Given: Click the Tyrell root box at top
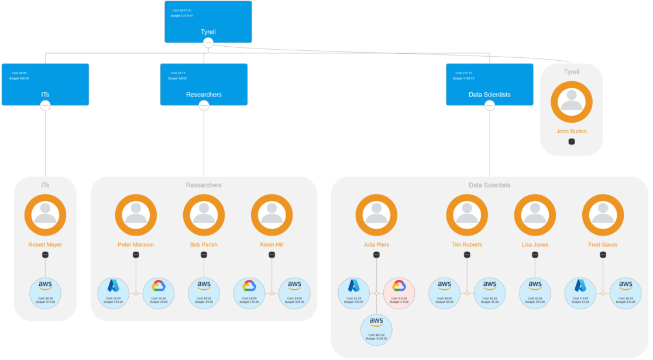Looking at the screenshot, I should [x=208, y=22].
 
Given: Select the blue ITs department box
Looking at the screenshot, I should [x=45, y=84].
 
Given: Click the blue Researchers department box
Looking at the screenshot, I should [x=204, y=84].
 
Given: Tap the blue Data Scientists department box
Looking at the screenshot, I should [x=489, y=84].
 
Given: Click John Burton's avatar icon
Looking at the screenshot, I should [x=571, y=102].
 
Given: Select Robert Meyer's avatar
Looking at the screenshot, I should [x=45, y=215].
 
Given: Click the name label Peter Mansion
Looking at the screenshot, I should [x=136, y=244].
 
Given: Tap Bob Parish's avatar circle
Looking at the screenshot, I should [x=204, y=215].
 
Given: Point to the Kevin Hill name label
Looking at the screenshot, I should [x=271, y=244].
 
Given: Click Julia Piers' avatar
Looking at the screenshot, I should [x=376, y=215].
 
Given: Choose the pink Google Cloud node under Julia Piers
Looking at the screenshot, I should [x=399, y=293].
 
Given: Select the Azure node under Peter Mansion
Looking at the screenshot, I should [x=113, y=293].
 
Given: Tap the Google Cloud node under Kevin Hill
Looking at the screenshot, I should [x=249, y=293].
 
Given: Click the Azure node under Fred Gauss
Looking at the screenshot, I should [x=580, y=293].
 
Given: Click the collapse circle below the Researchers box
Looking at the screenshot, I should [x=204, y=105].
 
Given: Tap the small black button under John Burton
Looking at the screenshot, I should [x=571, y=141].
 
